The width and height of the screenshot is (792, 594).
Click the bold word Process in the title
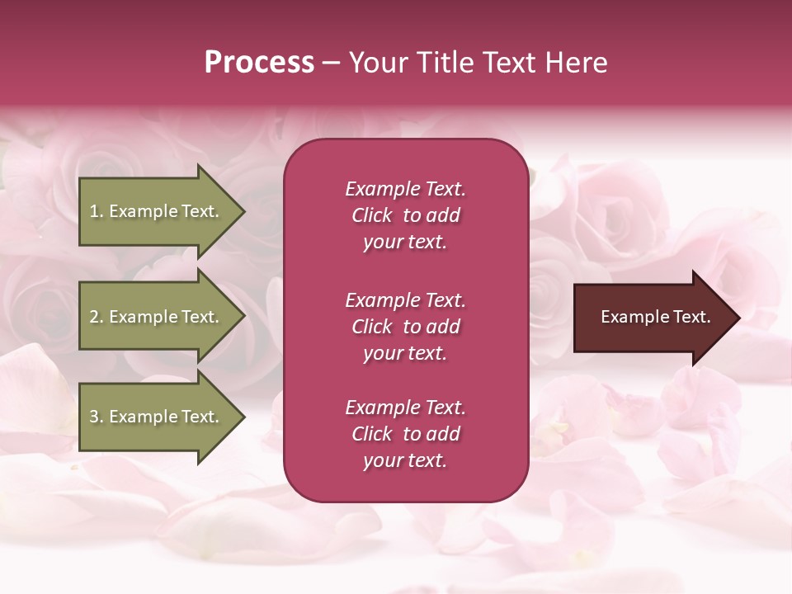pyautogui.click(x=259, y=63)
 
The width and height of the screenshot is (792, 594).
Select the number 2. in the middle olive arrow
pyautogui.click(x=97, y=317)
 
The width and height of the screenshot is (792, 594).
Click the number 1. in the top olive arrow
pyautogui.click(x=97, y=211)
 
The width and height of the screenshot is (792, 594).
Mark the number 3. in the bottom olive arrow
pyautogui.click(x=97, y=417)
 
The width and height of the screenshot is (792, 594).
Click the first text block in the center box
pyautogui.click(x=405, y=215)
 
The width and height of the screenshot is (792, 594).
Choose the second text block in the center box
pyautogui.click(x=405, y=327)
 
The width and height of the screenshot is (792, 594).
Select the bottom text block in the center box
pyautogui.click(x=405, y=434)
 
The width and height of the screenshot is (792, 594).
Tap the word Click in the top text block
pyautogui.click(x=371, y=215)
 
